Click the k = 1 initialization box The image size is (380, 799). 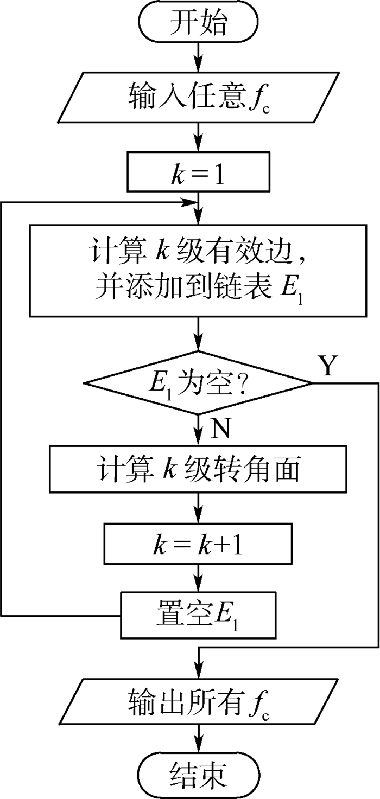(x=198, y=172)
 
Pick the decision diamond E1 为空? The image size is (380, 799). (x=198, y=383)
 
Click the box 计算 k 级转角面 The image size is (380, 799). (x=198, y=469)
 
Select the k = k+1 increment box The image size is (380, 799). (x=198, y=544)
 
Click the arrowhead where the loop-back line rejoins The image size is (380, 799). (x=191, y=203)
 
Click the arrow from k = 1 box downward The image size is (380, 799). (x=198, y=208)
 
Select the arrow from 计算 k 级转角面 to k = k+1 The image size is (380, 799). (x=198, y=508)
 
